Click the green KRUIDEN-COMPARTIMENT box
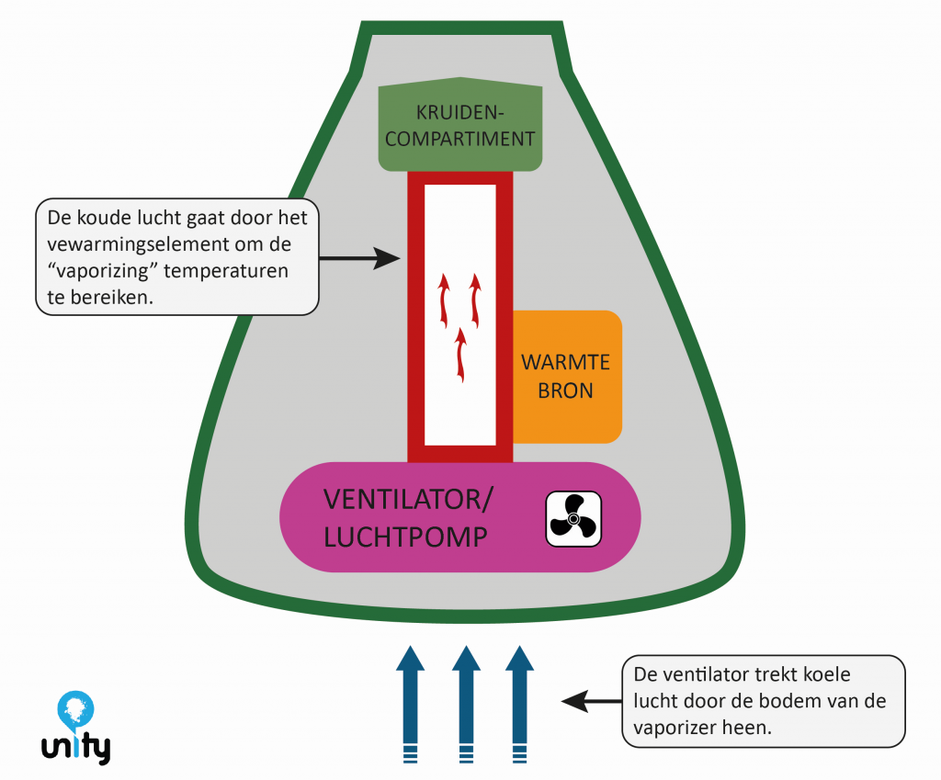460,128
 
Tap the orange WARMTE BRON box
566,377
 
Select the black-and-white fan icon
573,519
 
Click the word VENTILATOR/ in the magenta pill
408,501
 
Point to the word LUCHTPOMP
404,537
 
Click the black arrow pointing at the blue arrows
588,702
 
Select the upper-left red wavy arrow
444,300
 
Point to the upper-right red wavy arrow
476,300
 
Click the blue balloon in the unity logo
74,708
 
